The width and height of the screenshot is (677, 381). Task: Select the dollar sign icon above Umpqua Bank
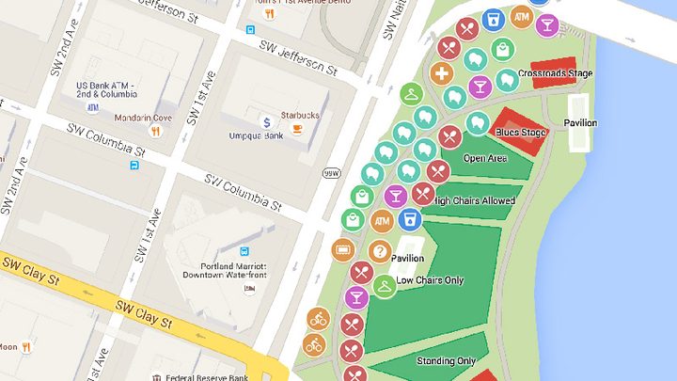(x=267, y=122)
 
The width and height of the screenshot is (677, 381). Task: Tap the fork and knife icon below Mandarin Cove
(x=154, y=132)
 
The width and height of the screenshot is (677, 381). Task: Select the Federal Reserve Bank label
(x=203, y=377)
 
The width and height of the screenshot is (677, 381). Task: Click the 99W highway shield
(x=331, y=172)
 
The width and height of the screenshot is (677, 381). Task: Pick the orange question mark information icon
(x=379, y=251)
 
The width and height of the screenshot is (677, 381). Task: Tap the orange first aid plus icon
(x=443, y=73)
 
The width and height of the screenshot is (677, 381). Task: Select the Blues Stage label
(x=520, y=133)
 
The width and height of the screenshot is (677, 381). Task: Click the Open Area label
(x=485, y=158)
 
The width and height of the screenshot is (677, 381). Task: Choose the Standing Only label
(x=446, y=360)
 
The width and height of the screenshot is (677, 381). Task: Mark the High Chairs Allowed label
(x=476, y=200)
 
